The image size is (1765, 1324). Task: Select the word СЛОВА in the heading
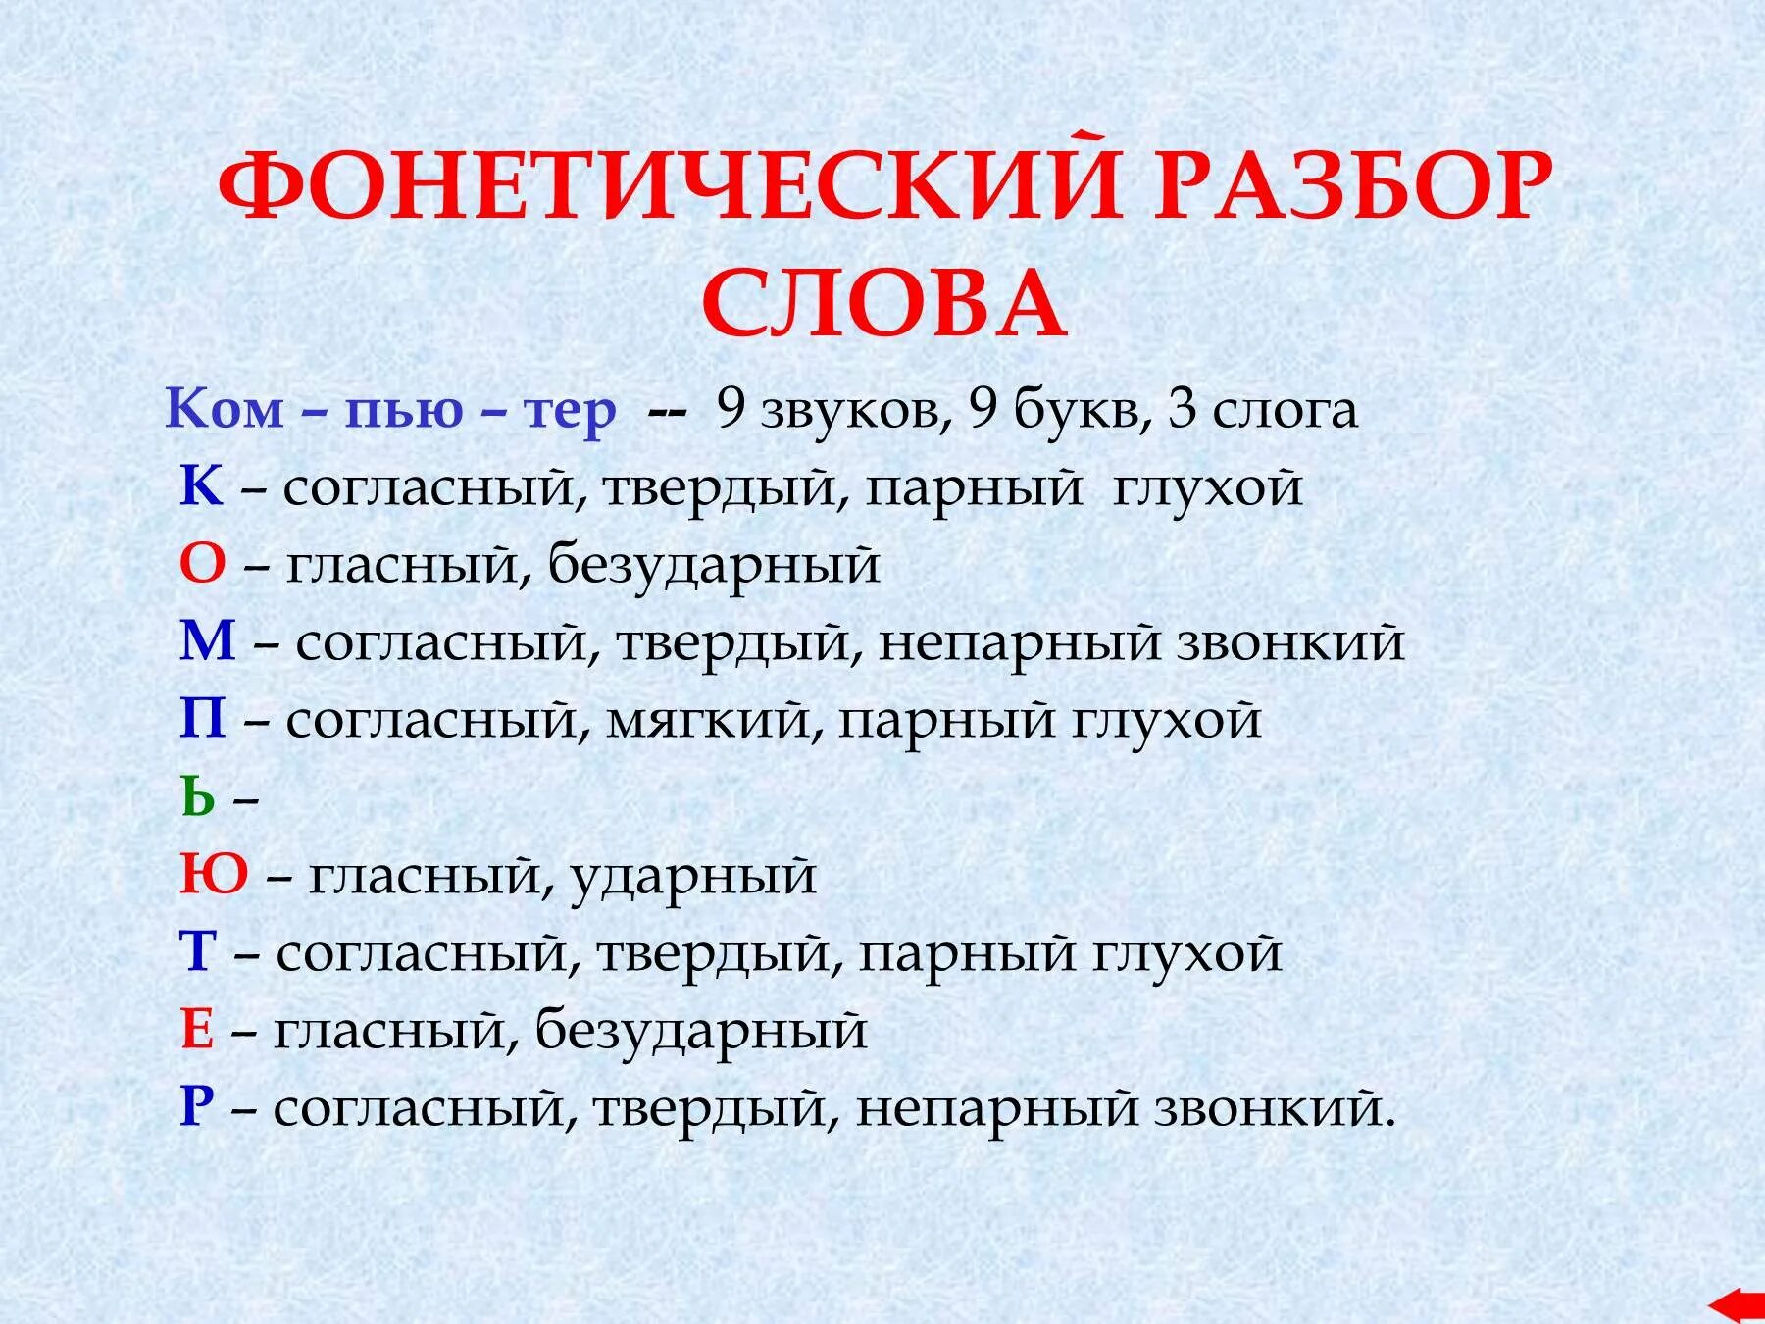[x=884, y=304]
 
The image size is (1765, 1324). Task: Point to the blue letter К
[x=201, y=486]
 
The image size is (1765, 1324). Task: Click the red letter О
[x=202, y=565]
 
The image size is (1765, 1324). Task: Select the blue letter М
[x=208, y=642]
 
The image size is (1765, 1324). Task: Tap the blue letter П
[x=203, y=720]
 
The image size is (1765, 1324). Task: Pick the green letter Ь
[x=198, y=798]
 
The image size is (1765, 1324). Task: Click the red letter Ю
[x=214, y=875]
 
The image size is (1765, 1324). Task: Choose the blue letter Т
[x=197, y=952]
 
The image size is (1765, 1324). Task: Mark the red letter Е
[x=197, y=1030]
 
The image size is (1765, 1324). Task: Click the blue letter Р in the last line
[x=197, y=1108]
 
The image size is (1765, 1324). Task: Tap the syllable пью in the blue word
[x=403, y=410]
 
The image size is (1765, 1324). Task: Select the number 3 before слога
[x=1183, y=409]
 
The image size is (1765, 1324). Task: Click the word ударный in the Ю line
[x=692, y=876]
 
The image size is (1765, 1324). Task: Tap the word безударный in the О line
[x=714, y=566]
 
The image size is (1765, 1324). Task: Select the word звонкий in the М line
[x=1289, y=643]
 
